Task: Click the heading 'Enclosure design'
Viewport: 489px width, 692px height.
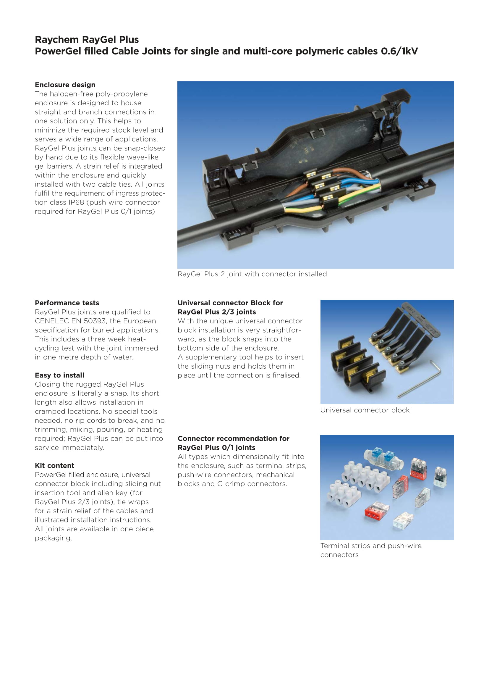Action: tap(65, 85)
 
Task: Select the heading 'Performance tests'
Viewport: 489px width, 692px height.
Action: tap(67, 303)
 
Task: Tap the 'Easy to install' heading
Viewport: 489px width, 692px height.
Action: tap(60, 375)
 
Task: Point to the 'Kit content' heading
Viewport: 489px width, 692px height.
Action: tap(54, 466)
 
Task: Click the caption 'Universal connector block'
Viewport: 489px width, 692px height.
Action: tap(365, 410)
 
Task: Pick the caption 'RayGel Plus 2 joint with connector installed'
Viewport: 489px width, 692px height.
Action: tap(252, 274)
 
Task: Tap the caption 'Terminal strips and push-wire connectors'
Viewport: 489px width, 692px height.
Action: tap(371, 550)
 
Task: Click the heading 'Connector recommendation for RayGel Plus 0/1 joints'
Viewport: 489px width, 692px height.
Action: tap(233, 443)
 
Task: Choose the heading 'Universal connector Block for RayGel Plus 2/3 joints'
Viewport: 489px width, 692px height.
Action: tap(230, 307)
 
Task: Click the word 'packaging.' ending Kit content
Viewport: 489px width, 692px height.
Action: tap(53, 538)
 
